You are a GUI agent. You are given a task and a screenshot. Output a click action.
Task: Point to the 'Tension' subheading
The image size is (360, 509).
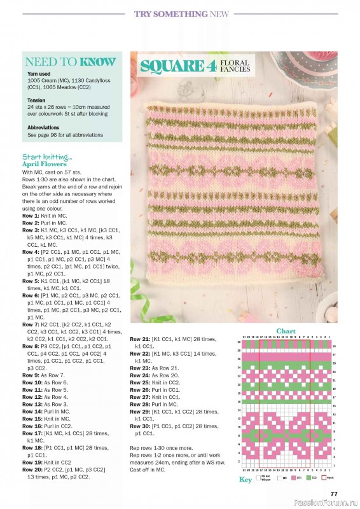click(x=36, y=100)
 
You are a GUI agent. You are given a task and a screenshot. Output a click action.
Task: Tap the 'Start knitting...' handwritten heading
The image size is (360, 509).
click(x=47, y=157)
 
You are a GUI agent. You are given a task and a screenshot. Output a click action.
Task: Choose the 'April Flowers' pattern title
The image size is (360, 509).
click(x=45, y=164)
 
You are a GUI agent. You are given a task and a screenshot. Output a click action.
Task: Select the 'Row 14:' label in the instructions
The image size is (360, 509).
click(x=32, y=411)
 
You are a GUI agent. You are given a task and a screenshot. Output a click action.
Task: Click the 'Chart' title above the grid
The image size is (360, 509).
click(x=286, y=331)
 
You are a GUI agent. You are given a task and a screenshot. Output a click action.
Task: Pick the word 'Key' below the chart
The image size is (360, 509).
click(x=246, y=480)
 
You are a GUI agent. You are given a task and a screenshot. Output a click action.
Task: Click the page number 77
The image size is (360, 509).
click(x=333, y=493)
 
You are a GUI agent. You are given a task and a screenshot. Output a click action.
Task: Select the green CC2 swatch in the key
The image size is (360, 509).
click(x=308, y=477)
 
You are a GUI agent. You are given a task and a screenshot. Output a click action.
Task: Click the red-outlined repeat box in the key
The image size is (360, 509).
click(x=324, y=477)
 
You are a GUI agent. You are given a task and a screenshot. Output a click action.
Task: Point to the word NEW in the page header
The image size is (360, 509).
click(x=219, y=13)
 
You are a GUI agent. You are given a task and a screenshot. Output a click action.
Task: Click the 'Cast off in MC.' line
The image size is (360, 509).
click(x=147, y=469)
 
